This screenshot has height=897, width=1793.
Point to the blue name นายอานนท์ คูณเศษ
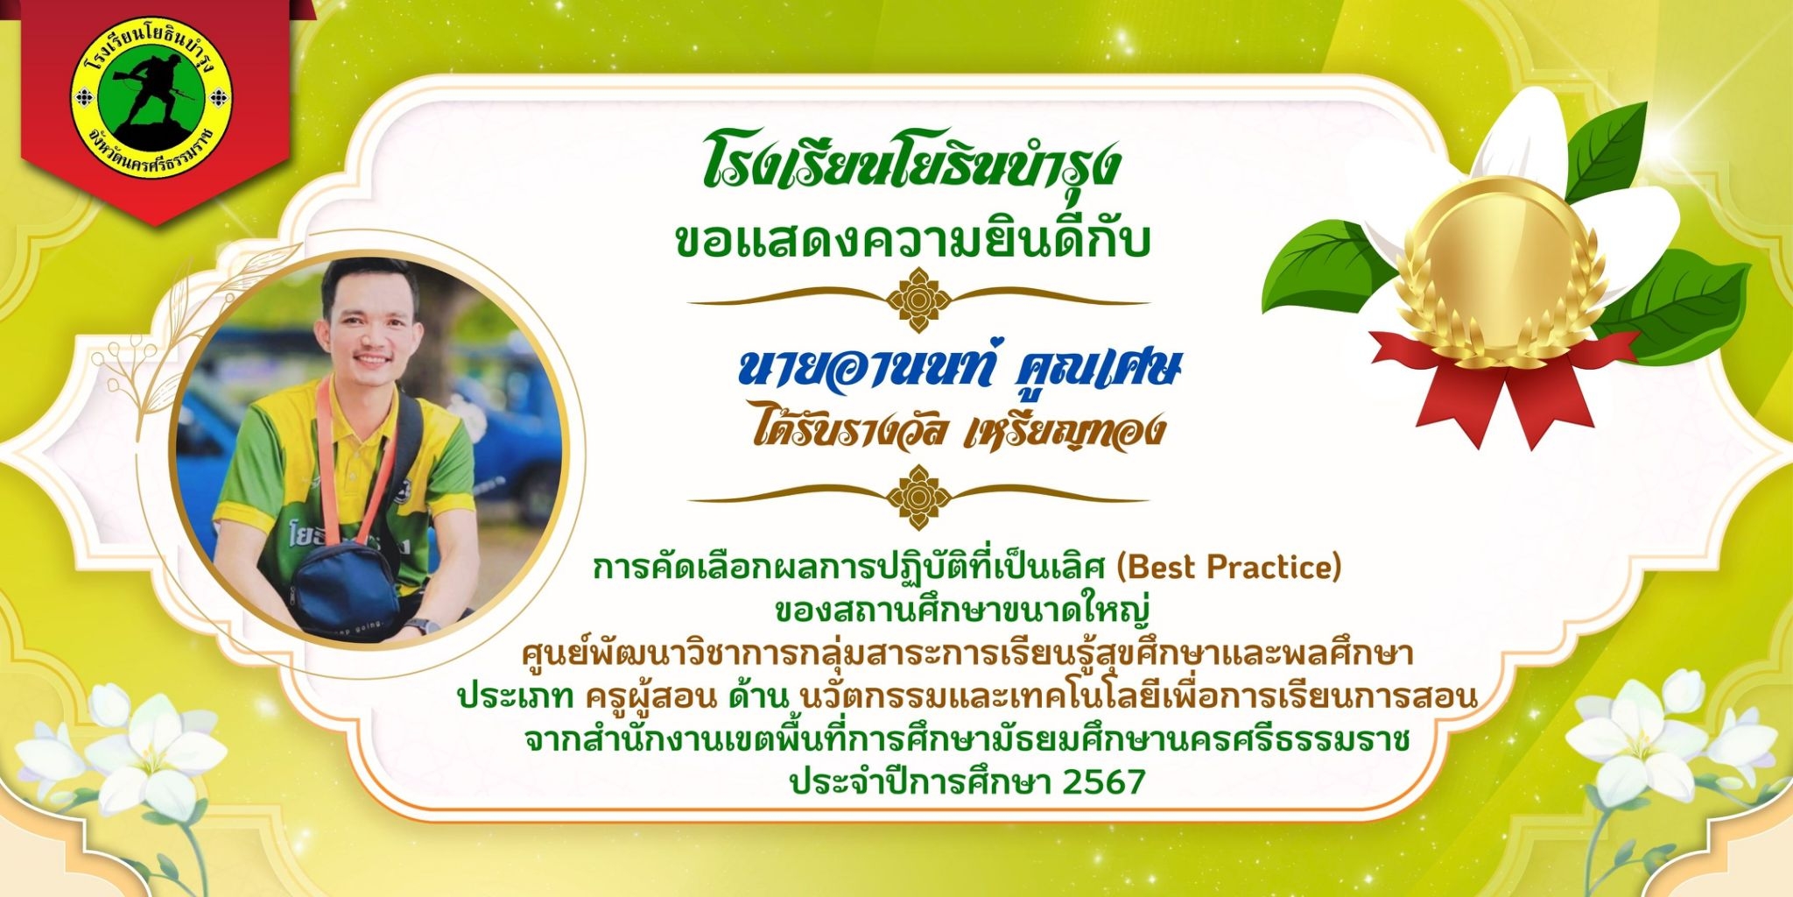point(959,368)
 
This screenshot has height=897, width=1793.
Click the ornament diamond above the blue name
point(918,300)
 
